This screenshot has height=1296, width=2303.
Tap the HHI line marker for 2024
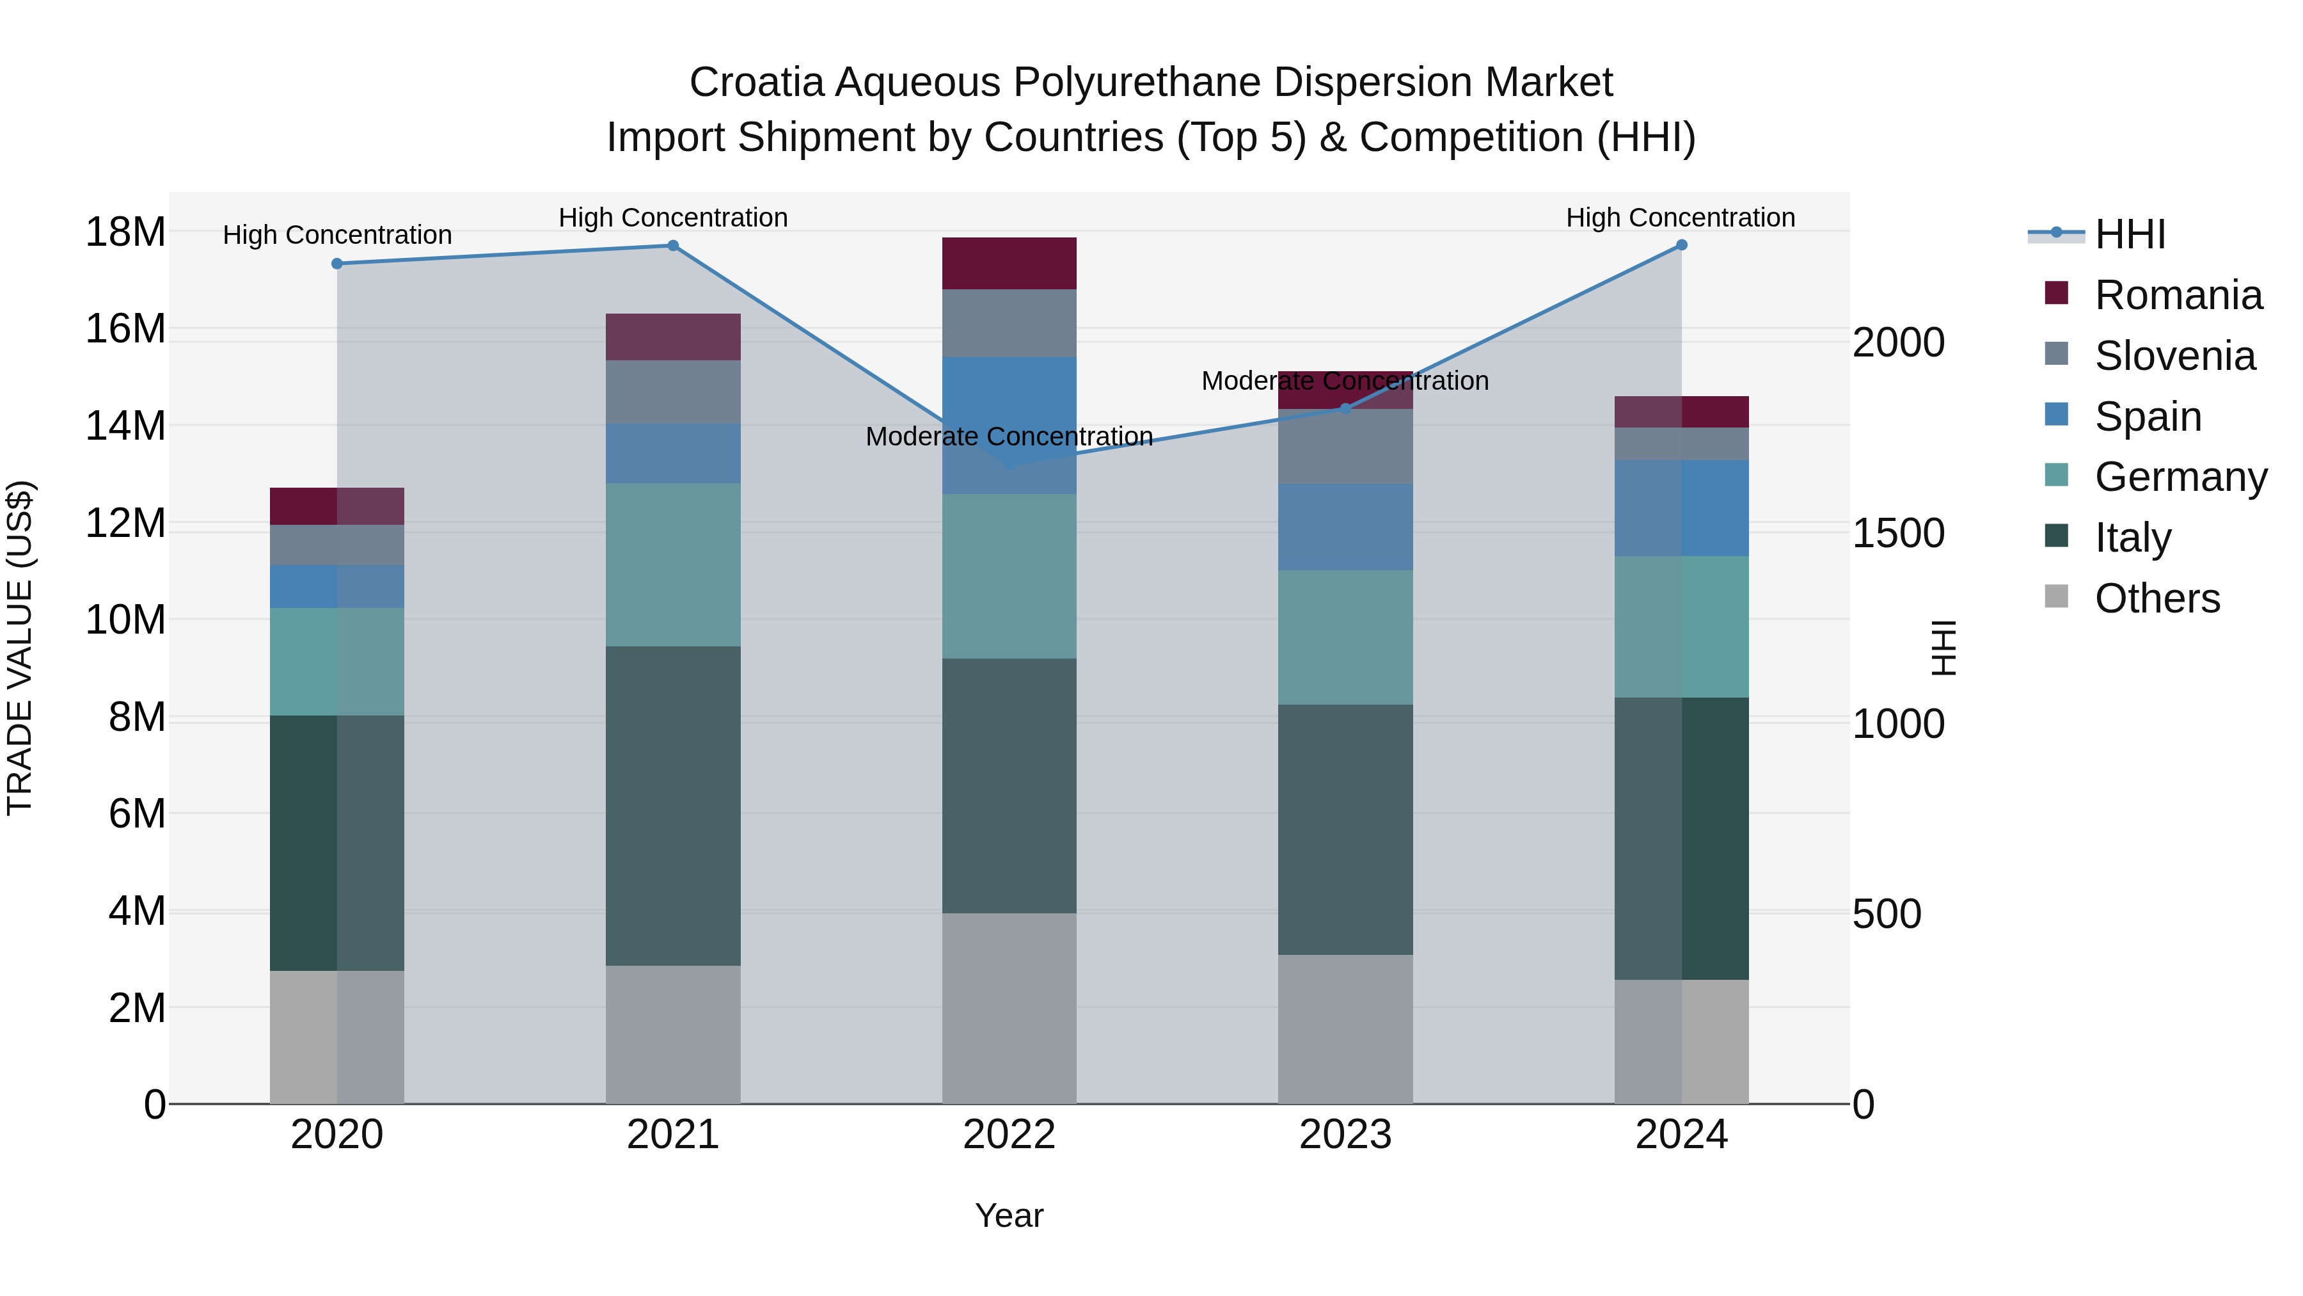point(1682,245)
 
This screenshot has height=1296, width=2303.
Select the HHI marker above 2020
point(337,264)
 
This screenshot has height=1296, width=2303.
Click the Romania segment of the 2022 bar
point(1009,263)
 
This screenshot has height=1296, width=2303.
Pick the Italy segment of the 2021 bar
point(673,805)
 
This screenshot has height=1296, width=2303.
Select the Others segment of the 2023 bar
point(1345,1028)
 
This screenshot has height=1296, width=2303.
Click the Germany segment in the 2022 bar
point(1009,576)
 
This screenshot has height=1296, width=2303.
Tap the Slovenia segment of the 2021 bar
point(673,392)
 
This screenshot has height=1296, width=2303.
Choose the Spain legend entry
point(2148,417)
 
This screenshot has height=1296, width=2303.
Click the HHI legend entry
point(2130,234)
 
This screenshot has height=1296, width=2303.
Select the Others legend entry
point(2157,598)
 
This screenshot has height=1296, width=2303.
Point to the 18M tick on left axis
point(125,232)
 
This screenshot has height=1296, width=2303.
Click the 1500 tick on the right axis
point(1898,533)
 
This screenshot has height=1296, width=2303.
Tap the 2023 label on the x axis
point(1345,1135)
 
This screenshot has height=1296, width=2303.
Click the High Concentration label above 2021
point(673,218)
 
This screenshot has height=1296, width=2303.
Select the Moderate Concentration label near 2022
point(1009,436)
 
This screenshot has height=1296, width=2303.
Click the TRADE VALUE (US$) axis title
point(20,648)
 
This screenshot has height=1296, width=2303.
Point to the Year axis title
point(1009,1215)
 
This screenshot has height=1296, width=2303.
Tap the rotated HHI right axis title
point(1943,648)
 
